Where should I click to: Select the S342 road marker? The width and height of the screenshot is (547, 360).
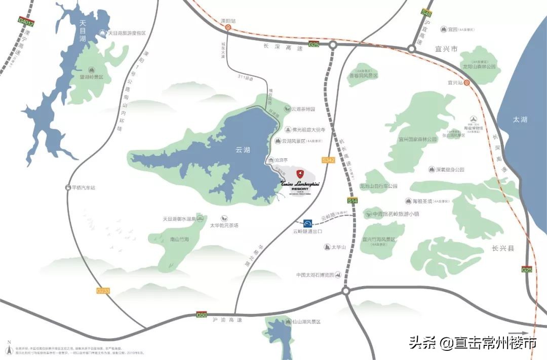tap(329, 159)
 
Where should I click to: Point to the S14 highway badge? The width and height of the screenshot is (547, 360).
tap(353, 201)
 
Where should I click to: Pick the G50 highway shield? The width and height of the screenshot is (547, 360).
tap(202, 315)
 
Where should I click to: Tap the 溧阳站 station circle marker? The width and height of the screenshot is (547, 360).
tap(228, 28)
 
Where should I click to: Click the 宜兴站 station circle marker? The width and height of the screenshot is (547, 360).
tap(467, 83)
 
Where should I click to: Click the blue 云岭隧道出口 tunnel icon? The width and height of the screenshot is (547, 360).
tap(308, 223)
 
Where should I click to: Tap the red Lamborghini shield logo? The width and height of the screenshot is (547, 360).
tap(300, 173)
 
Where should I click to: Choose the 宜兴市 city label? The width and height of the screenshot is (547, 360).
tap(447, 49)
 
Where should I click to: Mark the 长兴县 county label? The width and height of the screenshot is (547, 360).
tap(503, 248)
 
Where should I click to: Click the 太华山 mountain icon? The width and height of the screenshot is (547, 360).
tap(327, 247)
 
